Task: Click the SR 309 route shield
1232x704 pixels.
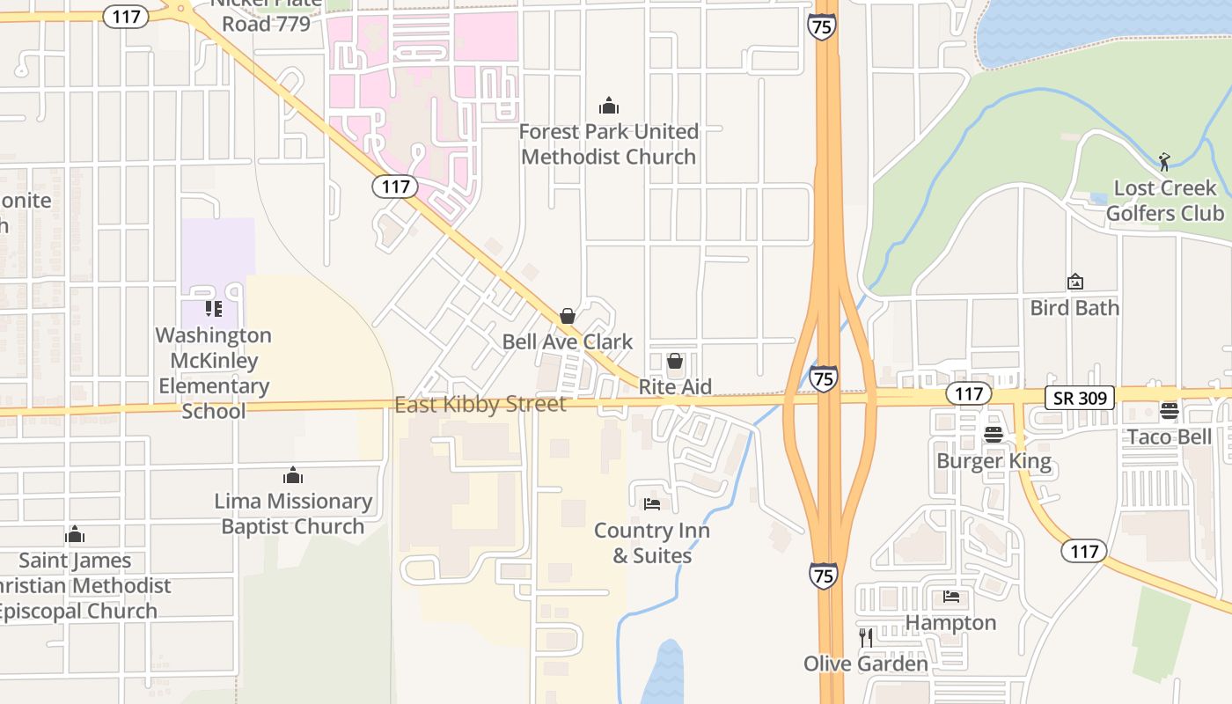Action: pos(1080,398)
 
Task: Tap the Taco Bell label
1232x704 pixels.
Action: pos(1170,437)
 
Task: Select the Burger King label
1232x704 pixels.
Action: pos(994,461)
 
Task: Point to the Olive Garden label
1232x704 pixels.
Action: pos(866,664)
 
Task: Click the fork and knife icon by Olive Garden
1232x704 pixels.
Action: pos(866,637)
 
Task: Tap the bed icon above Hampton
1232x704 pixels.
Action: pos(951,597)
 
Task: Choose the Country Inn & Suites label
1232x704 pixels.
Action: pos(652,543)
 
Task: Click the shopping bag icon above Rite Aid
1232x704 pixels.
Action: pos(675,361)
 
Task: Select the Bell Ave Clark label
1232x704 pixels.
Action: pos(568,341)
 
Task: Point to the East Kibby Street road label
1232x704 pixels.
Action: pos(480,405)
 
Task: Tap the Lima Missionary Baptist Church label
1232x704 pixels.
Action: pos(293,514)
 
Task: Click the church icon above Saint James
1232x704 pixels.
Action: pos(75,535)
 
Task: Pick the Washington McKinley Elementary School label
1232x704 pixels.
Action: pos(213,373)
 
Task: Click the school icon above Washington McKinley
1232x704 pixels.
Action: pos(213,309)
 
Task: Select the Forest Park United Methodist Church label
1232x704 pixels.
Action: pos(609,144)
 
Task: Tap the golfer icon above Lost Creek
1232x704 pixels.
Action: pos(1164,162)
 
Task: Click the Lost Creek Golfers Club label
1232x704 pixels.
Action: pos(1165,201)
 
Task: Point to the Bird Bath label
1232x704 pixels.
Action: pos(1074,308)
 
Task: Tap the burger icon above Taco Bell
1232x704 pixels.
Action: pos(1169,411)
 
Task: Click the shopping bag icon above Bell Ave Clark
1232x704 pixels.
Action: pos(568,316)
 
